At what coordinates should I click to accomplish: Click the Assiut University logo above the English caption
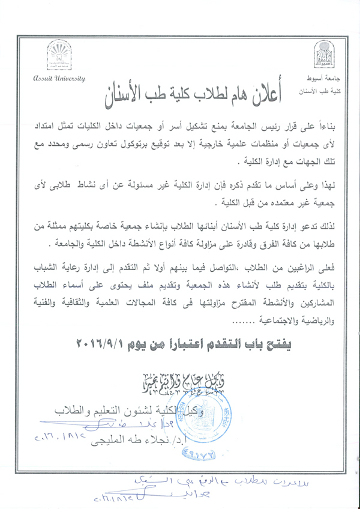pyautogui.click(x=59, y=57)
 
